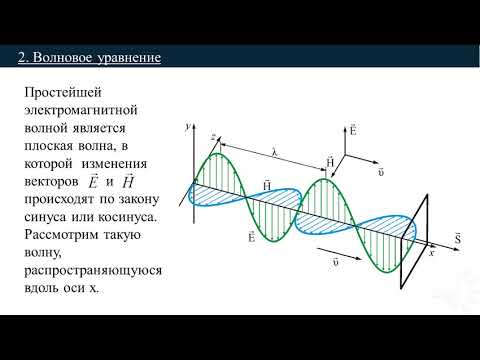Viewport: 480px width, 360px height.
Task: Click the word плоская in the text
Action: coord(51,146)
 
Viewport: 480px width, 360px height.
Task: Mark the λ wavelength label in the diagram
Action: coord(273,152)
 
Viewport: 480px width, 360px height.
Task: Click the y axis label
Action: coord(188,127)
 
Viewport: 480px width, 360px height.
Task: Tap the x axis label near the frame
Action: coord(433,252)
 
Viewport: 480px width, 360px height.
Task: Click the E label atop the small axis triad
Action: coord(352,129)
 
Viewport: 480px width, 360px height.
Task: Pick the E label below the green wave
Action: coord(250,237)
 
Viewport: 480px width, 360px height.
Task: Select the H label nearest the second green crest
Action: coord(330,160)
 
